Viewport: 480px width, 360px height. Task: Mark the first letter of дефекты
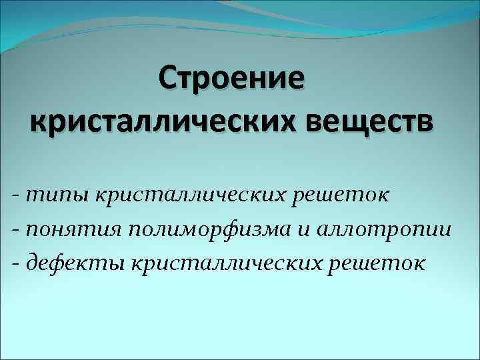(x=33, y=263)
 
